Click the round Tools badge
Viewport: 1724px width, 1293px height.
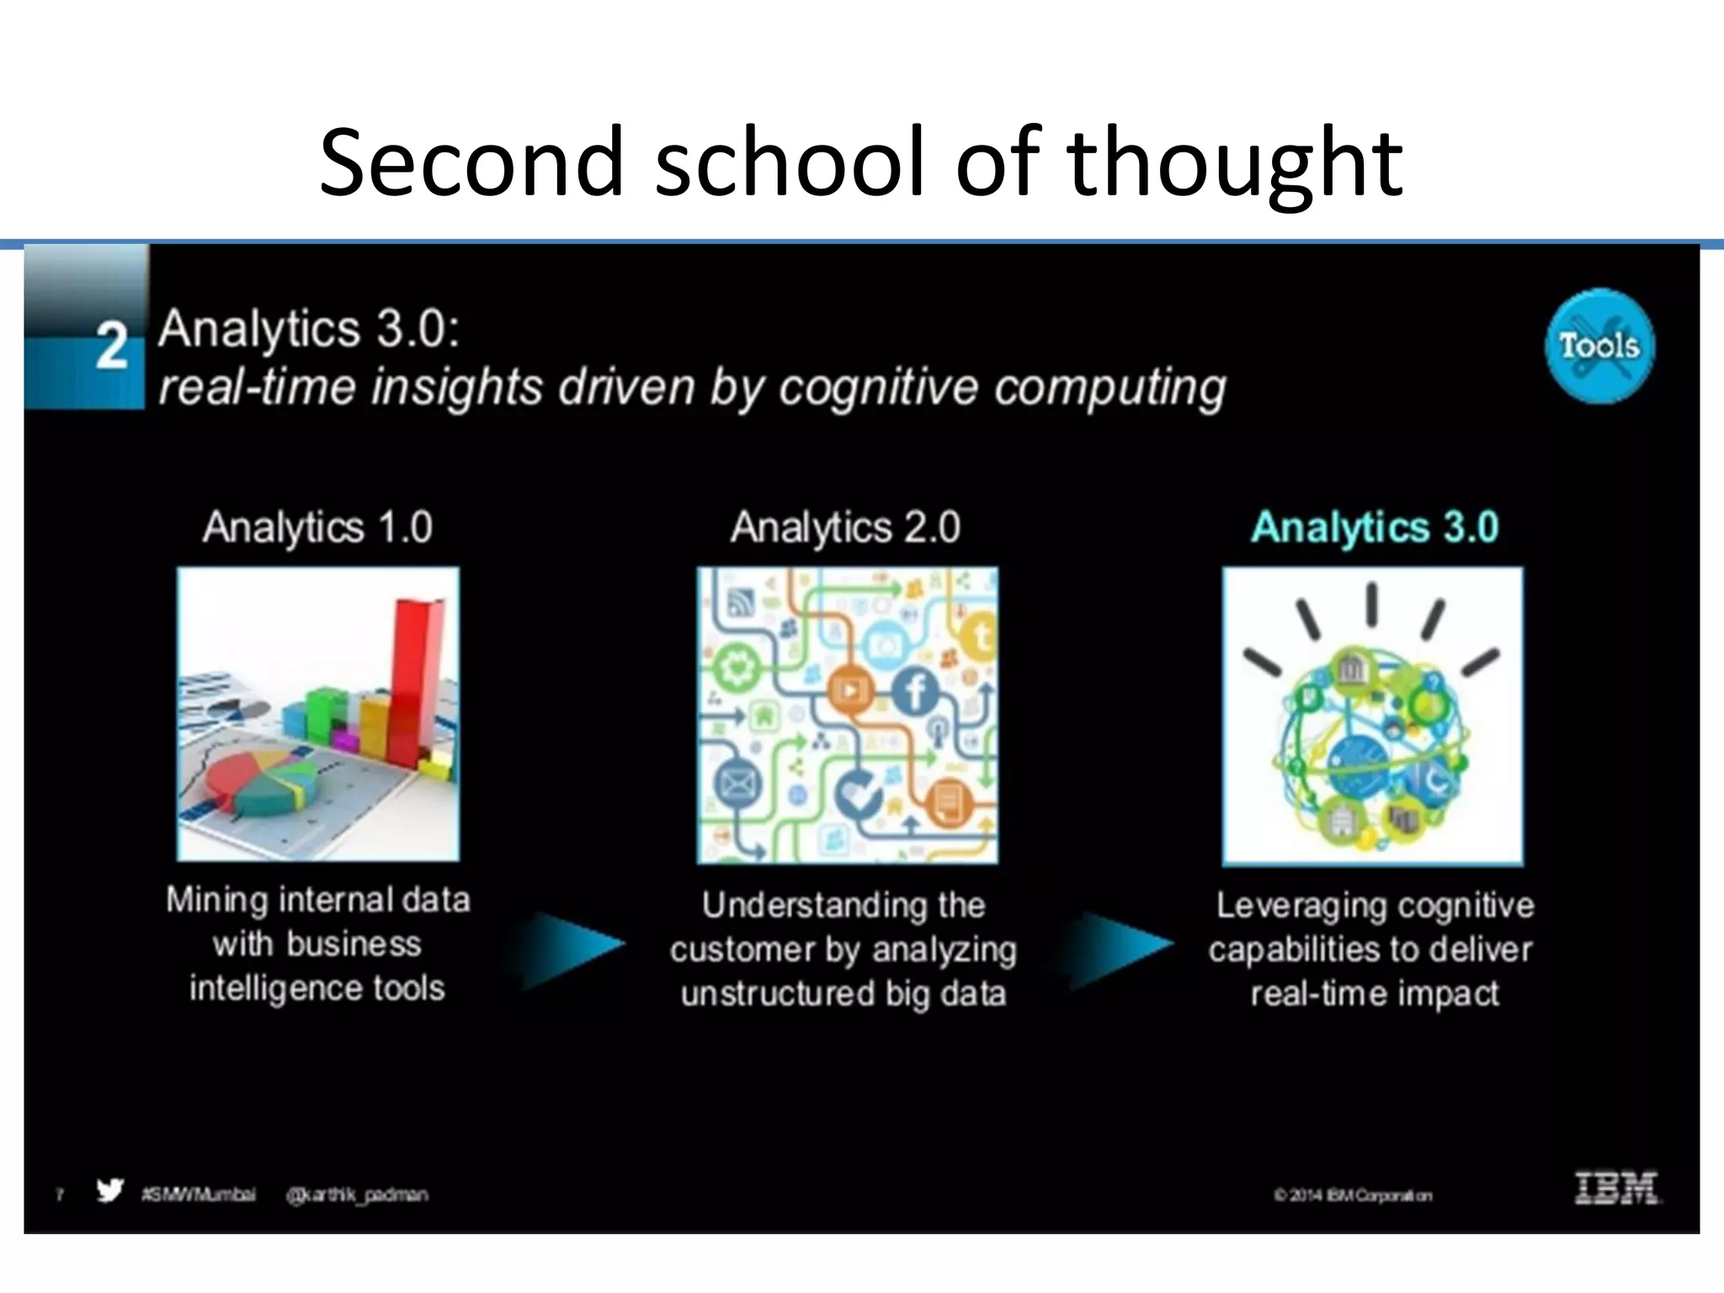1599,346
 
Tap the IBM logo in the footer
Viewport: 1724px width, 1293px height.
1616,1189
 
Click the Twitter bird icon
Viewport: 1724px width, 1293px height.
109,1191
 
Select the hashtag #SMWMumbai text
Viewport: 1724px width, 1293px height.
199,1195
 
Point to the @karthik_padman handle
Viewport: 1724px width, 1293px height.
357,1195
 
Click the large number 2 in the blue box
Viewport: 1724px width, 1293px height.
111,346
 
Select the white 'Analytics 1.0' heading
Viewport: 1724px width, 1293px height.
317,528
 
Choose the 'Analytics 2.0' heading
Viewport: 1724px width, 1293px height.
845,528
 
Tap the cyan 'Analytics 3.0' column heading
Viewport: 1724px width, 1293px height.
1375,528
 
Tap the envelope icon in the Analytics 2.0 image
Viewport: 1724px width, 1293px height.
737,785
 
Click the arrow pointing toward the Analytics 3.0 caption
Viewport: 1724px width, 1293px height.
1120,947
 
